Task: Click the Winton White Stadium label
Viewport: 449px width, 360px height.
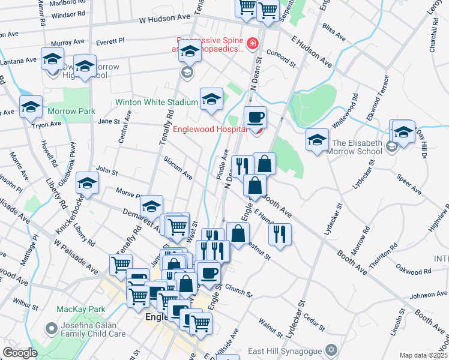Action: pos(156,103)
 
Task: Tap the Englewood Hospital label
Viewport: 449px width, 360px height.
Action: pos(210,129)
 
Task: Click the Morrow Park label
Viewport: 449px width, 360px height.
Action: pos(71,112)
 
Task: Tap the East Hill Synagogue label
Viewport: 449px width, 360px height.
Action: pos(286,350)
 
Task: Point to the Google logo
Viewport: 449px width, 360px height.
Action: pos(20,353)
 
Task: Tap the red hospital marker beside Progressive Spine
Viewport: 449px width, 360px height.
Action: pos(253,44)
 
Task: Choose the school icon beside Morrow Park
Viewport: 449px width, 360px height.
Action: pos(31,107)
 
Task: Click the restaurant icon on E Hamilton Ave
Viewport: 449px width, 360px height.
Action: pos(280,234)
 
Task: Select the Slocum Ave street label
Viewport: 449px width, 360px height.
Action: pos(178,167)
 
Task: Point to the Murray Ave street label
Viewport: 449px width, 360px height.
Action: pos(68,43)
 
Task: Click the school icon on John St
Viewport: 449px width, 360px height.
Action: pos(88,185)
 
